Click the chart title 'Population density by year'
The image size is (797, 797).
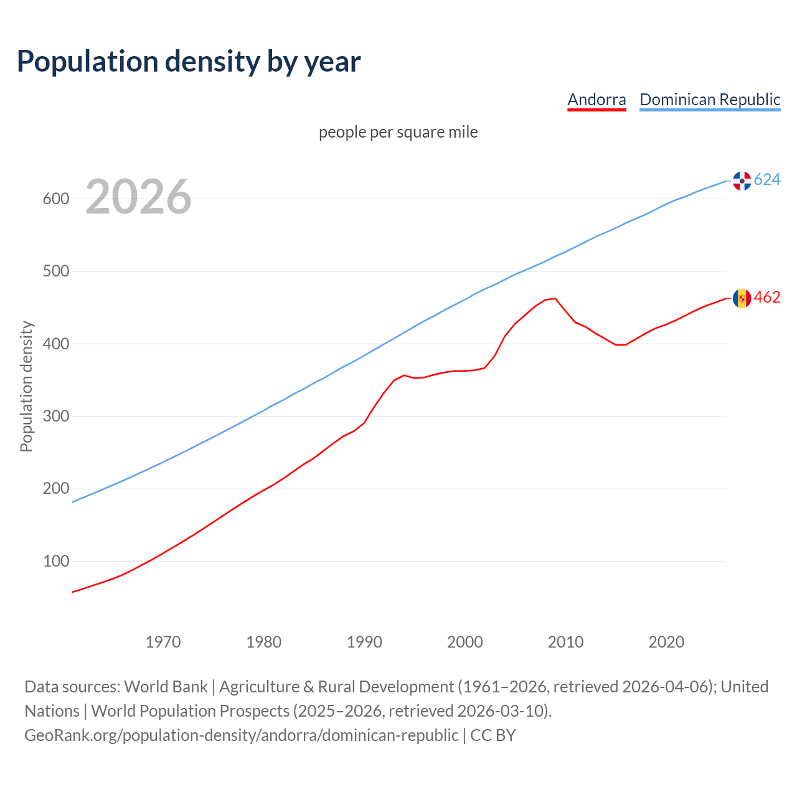tap(189, 62)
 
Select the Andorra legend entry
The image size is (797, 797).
tap(597, 100)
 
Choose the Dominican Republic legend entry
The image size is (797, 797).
tap(710, 100)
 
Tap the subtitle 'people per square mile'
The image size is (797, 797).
tap(398, 133)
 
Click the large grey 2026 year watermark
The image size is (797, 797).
tap(138, 197)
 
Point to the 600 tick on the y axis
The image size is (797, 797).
tap(55, 199)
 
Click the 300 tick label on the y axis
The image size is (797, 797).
tap(55, 416)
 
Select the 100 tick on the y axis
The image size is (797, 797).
tap(55, 561)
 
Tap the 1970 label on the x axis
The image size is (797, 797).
tap(163, 642)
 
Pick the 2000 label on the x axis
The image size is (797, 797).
tap(465, 642)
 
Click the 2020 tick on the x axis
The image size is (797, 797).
tap(666, 642)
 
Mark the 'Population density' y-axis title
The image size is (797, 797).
tap(26, 386)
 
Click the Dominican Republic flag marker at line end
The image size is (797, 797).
tap(742, 181)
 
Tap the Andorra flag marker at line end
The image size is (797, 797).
tap(742, 298)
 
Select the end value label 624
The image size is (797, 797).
tap(767, 180)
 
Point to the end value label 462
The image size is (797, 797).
tap(767, 298)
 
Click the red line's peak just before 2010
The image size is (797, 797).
tap(555, 298)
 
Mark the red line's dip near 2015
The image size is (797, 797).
tap(620, 344)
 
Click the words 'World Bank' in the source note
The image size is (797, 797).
tap(166, 687)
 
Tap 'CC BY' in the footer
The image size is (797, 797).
tap(493, 735)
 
